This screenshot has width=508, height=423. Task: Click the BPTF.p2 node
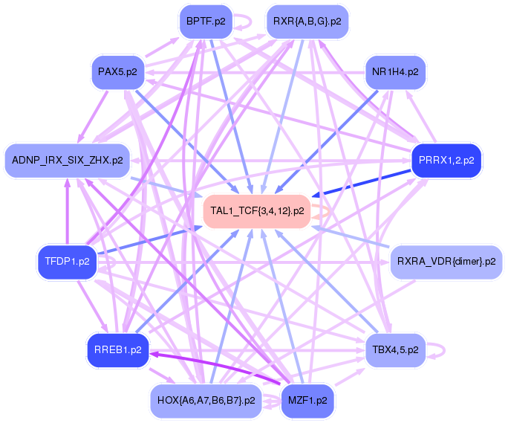click(206, 22)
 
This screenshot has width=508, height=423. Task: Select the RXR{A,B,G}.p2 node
click(307, 22)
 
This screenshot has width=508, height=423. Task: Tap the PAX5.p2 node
click(117, 72)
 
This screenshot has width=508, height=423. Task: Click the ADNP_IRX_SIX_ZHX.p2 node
click(68, 160)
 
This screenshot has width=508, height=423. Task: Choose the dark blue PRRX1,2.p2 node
click(446, 160)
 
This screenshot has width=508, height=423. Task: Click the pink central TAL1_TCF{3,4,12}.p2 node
click(257, 210)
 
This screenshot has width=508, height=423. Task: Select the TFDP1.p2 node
click(67, 262)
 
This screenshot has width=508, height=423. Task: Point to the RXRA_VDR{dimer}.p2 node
click(446, 262)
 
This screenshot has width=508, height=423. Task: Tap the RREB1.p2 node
click(118, 349)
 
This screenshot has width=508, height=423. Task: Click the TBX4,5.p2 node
click(395, 349)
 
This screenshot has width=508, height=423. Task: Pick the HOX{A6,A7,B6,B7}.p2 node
click(206, 400)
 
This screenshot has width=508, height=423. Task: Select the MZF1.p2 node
click(307, 400)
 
